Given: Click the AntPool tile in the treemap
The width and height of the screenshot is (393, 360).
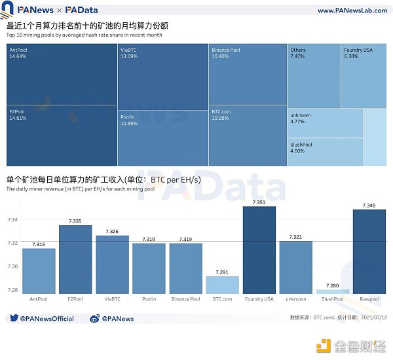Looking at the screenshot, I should [x=61, y=74].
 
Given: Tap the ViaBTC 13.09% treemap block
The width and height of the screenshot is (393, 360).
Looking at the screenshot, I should [x=162, y=76].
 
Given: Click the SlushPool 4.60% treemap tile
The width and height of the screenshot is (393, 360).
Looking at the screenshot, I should [x=325, y=151].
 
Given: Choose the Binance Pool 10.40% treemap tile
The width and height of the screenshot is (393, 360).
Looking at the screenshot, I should [x=248, y=74].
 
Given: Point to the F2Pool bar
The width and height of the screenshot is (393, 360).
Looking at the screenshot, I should [x=75, y=259].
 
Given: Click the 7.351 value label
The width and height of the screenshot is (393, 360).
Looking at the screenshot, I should [x=259, y=202].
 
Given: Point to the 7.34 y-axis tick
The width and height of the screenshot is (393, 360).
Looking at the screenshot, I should [x=13, y=219].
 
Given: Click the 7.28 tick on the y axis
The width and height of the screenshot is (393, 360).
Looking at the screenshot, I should [x=13, y=290].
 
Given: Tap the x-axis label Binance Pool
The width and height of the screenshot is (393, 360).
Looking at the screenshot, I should [x=186, y=299].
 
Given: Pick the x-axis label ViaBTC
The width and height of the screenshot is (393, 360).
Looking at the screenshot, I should [x=112, y=299].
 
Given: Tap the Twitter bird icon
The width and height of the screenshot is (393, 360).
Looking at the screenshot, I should [x=13, y=319].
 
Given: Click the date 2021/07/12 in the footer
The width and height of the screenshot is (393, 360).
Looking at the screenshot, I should [x=371, y=317].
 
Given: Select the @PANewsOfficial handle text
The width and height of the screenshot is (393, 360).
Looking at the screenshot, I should [x=47, y=319].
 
